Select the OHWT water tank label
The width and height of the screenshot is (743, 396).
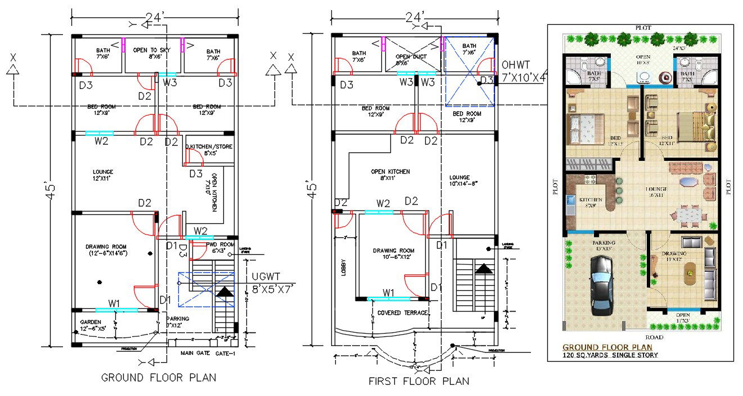tap(523, 71)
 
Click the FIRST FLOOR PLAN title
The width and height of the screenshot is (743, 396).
tap(418, 381)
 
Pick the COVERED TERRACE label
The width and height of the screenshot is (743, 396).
tap(403, 313)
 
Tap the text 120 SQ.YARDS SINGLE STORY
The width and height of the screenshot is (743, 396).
tap(610, 355)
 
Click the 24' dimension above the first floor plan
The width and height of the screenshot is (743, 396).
tap(414, 17)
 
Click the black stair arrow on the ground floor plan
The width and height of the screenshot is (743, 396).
tap(224, 292)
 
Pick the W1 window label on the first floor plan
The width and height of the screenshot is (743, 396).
tap(388, 292)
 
